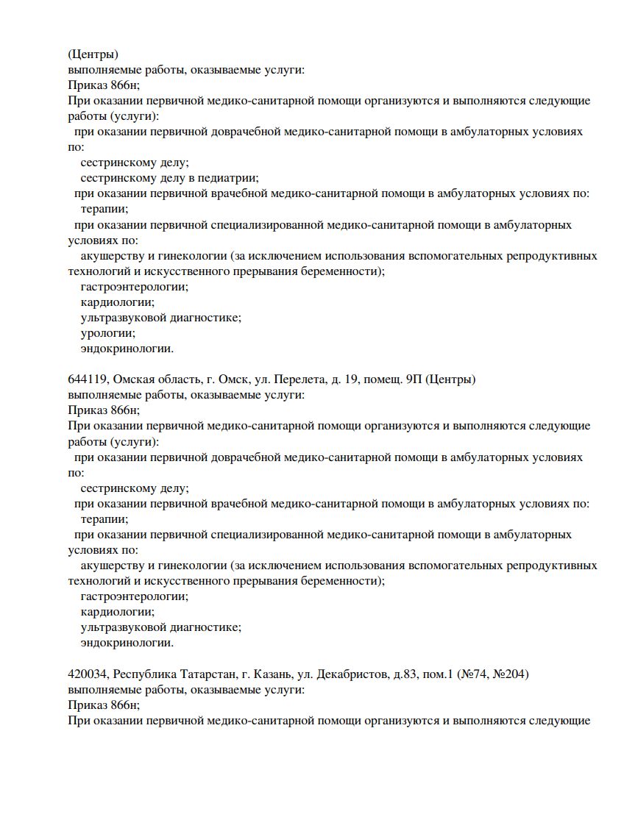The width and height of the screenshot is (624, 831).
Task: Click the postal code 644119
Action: pyautogui.click(x=87, y=379)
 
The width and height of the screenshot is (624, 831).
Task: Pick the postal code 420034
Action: pyautogui.click(x=87, y=674)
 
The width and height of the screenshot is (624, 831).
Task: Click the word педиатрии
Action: pyautogui.click(x=229, y=178)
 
